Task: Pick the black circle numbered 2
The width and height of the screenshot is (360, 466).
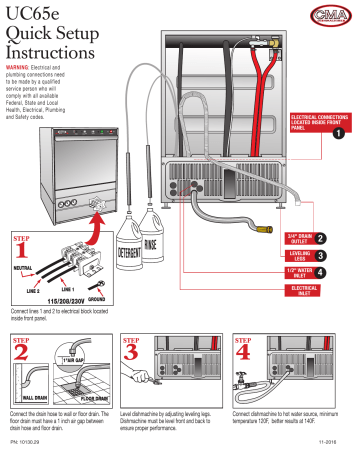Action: pos(347,235)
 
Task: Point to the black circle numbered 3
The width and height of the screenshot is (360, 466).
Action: pos(347,255)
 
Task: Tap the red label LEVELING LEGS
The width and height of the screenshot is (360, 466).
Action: pos(301,255)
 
